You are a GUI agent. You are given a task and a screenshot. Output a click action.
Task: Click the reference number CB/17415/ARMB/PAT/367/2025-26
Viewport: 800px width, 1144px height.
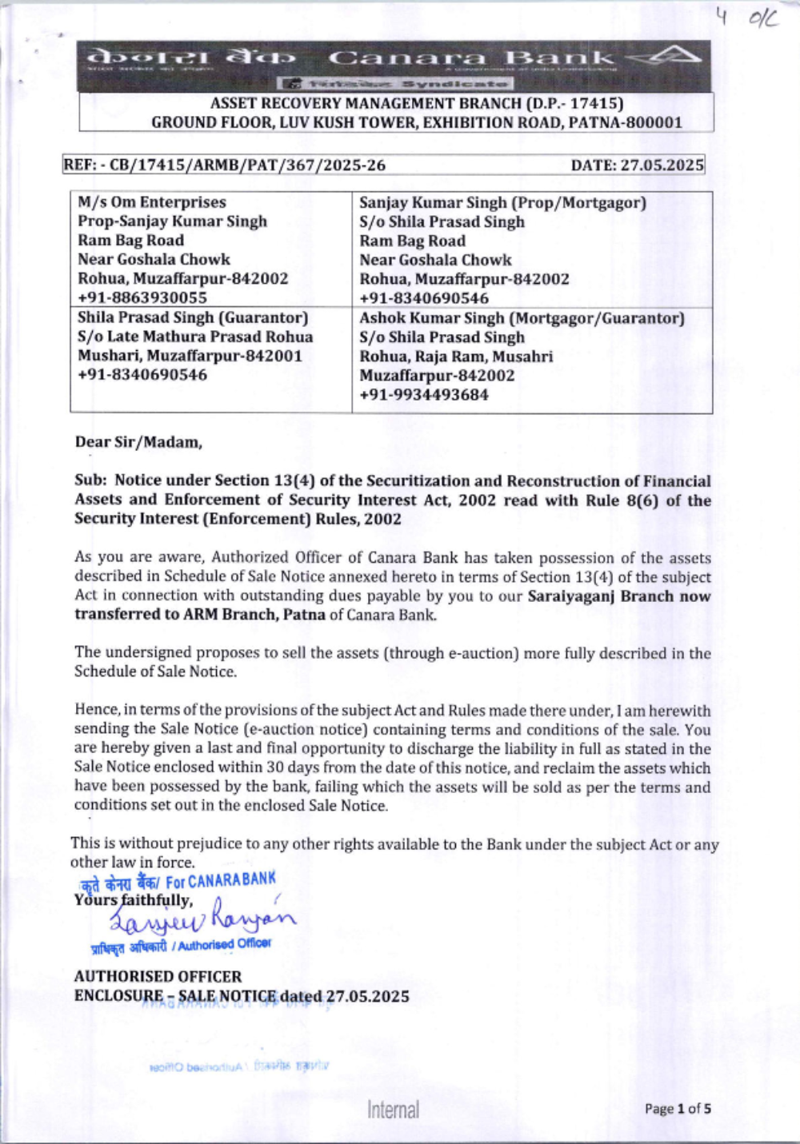click(247, 165)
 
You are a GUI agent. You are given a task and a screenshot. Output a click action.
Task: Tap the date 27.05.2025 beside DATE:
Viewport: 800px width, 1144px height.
click(662, 165)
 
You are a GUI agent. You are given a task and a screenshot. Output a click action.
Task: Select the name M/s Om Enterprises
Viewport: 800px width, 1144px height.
click(152, 202)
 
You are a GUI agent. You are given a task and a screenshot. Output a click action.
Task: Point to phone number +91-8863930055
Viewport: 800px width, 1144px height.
click(142, 297)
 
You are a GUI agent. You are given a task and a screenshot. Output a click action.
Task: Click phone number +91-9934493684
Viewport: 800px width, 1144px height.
click(424, 394)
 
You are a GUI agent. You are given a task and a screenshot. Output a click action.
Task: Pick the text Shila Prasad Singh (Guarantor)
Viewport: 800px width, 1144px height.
click(193, 317)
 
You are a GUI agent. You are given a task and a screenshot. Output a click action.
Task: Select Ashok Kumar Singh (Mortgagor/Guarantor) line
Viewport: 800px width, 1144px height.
click(522, 318)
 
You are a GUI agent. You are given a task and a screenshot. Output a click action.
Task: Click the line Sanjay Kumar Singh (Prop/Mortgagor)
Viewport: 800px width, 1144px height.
click(502, 202)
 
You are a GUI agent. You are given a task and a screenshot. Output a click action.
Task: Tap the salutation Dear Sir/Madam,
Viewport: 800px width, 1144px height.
click(138, 441)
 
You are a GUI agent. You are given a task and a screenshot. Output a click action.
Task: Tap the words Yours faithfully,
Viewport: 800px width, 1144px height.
click(134, 900)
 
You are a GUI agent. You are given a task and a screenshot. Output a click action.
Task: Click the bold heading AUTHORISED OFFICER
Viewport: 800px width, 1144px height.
click(158, 976)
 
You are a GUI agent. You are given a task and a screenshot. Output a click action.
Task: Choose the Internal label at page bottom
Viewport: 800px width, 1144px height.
click(393, 1110)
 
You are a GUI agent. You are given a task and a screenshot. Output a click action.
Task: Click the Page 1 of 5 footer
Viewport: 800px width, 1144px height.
click(678, 1109)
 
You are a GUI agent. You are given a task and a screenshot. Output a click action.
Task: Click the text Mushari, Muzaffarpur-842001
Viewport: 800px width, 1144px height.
click(190, 356)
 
